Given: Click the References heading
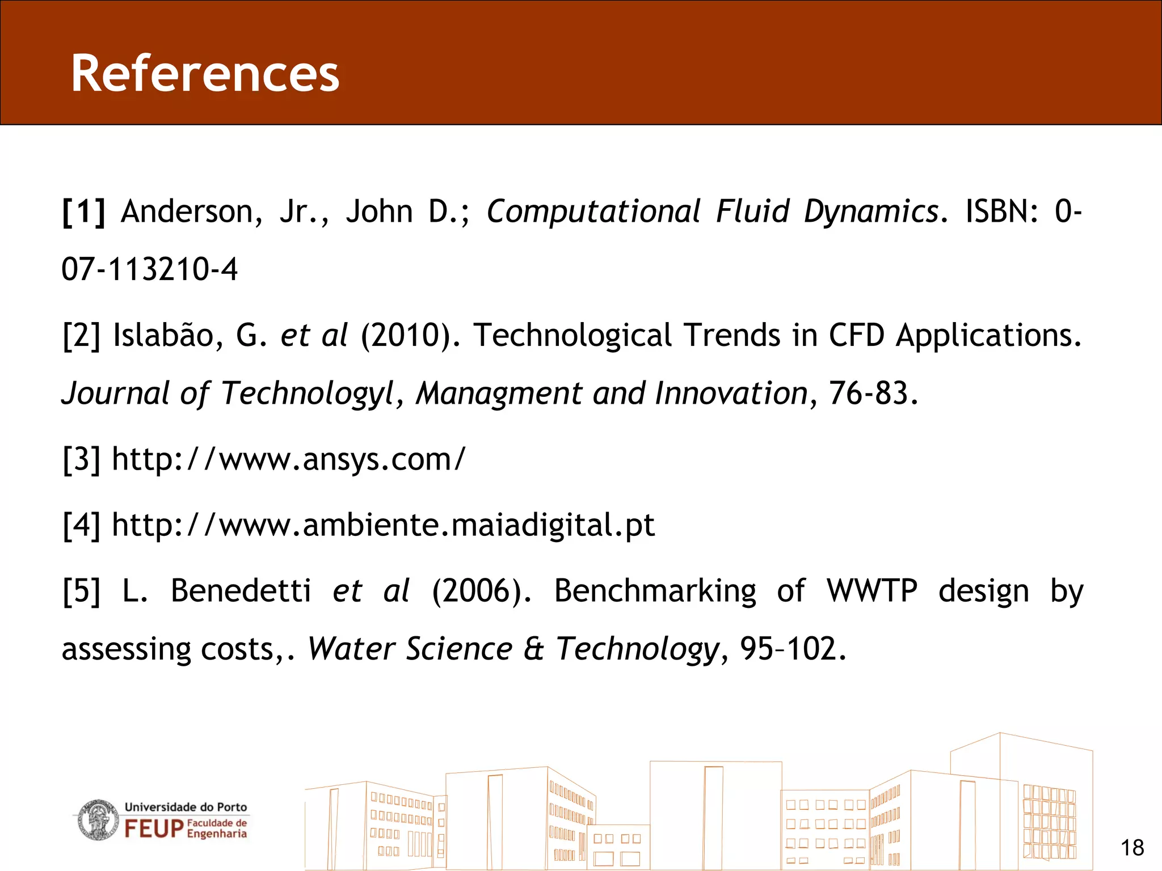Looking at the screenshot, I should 205,74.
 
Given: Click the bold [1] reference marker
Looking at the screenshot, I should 84,212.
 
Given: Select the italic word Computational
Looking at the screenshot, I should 593,212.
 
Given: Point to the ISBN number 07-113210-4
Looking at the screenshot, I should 149,269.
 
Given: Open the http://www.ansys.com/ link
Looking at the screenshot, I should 288,459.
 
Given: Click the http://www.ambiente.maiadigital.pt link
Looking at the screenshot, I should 383,525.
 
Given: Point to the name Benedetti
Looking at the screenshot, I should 241,591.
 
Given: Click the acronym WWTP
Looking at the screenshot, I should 871,591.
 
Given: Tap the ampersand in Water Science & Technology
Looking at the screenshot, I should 533,649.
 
